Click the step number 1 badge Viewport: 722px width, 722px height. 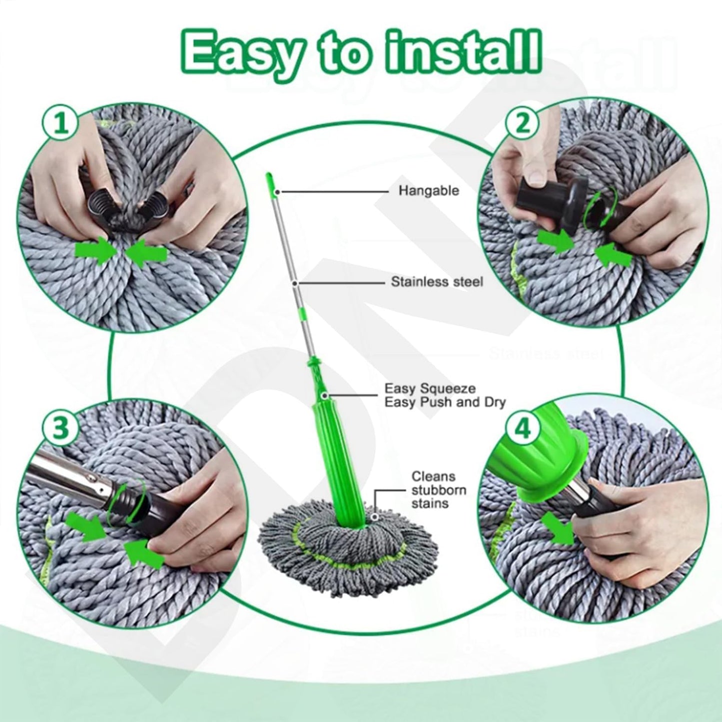click(61, 122)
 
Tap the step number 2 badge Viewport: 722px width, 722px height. click(522, 123)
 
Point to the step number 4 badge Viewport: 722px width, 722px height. click(522, 429)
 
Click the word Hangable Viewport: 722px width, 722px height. click(428, 191)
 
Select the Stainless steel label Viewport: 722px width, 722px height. click(437, 282)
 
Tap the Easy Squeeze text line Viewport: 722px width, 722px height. click(430, 388)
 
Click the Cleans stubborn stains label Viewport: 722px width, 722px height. click(438, 490)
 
